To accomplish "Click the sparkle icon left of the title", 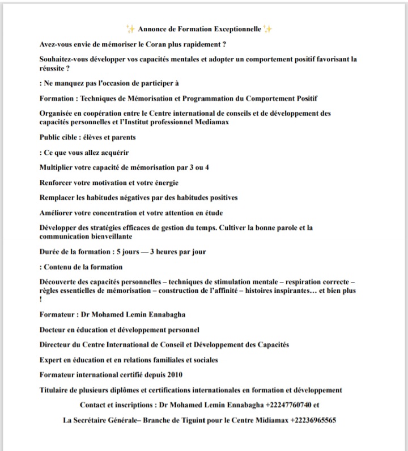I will pos(130,29).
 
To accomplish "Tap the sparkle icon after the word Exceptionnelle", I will pos(268,29).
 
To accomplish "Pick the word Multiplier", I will pos(56,168).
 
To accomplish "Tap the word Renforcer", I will pos(56,183).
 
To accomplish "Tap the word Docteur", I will pos(54,329).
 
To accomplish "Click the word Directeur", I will pos(57,344).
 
